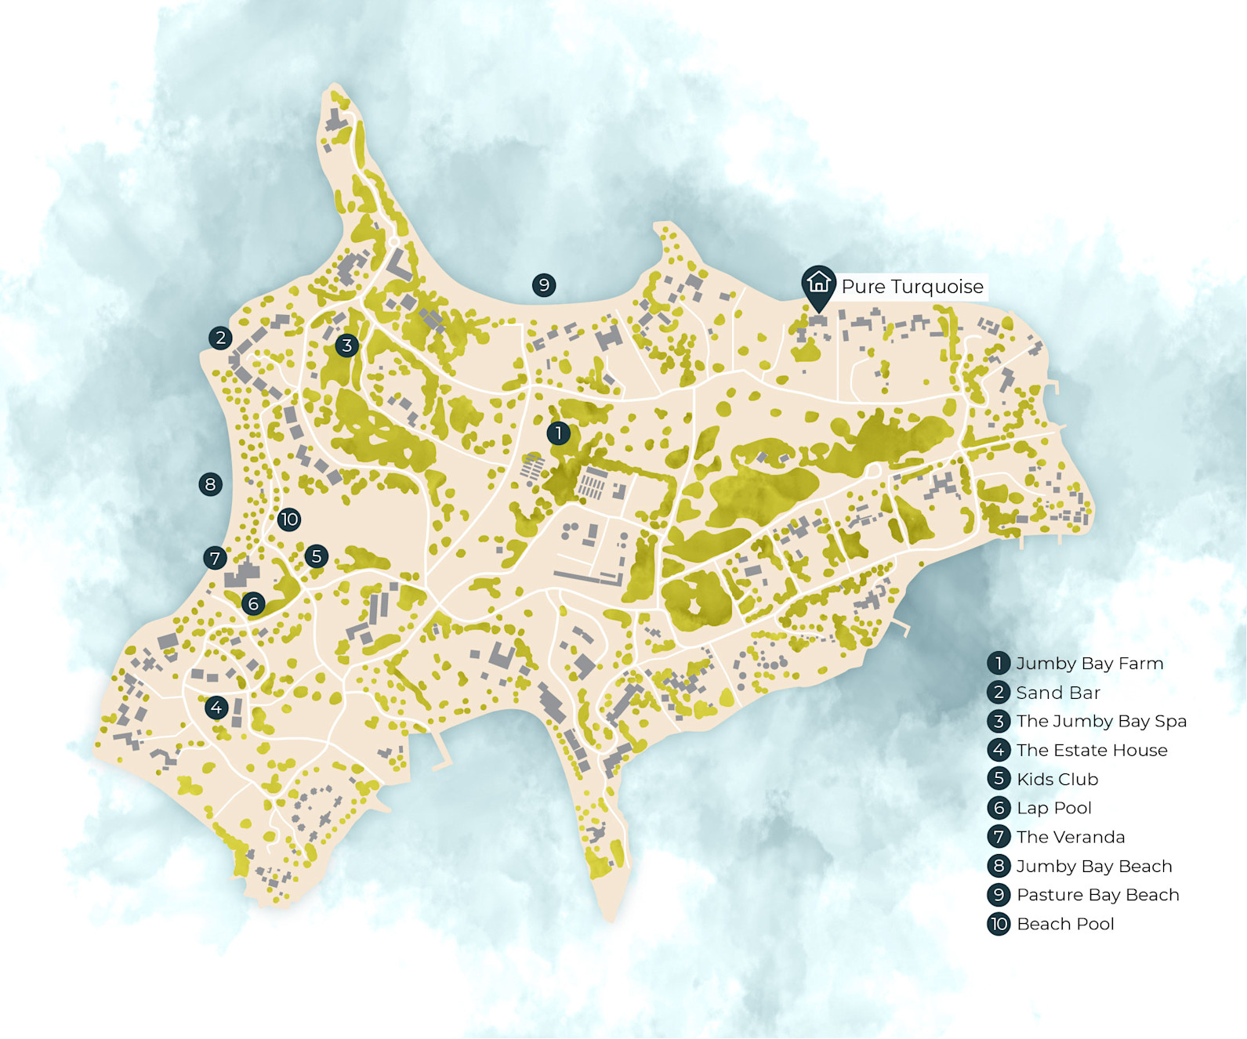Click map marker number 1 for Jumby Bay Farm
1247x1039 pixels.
coord(558,433)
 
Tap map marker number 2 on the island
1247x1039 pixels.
coord(220,338)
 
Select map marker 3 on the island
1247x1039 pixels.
coord(346,345)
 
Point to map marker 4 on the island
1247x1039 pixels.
coord(216,708)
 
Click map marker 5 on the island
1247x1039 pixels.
coord(316,556)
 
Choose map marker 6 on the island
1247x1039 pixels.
coord(252,603)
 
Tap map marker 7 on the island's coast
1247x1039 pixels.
coord(215,558)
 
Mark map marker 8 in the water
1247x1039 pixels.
coord(210,484)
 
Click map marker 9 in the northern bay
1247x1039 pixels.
coord(544,285)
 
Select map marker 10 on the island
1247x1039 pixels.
coord(288,519)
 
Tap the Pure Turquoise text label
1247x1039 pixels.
coord(912,287)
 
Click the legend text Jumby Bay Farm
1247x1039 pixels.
coord(1089,664)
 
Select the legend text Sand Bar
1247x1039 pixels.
coord(1058,693)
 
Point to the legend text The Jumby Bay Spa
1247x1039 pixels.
coord(1101,721)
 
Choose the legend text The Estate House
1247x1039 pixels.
coord(1092,750)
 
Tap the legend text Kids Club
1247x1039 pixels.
coord(1057,779)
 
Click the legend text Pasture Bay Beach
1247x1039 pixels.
coord(1097,895)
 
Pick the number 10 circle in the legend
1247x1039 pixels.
coord(999,924)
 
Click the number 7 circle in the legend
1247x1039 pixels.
coord(999,837)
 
